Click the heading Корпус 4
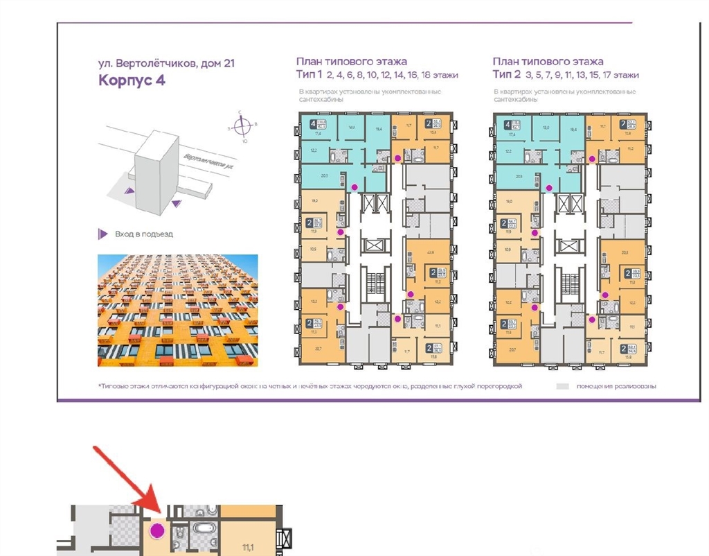tap(132, 80)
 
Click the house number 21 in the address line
tap(228, 63)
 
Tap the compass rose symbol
tap(242, 126)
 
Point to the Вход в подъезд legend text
tap(144, 234)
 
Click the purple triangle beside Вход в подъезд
tap(102, 234)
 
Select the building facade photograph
tap(177, 310)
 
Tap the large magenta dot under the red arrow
tap(158, 531)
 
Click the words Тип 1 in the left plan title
tap(309, 75)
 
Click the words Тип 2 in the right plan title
tap(506, 75)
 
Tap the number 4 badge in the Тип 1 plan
tap(313, 126)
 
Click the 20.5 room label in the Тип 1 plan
tap(324, 176)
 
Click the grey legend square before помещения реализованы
tap(563, 386)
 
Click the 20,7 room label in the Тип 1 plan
tap(316, 350)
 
